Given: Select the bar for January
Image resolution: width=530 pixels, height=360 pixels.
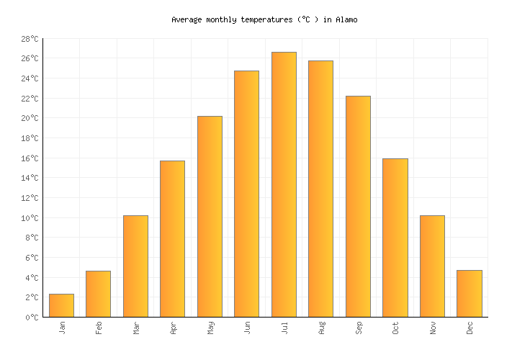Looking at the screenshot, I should click(x=61, y=305).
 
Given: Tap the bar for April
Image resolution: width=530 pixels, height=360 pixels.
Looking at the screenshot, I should click(x=172, y=238).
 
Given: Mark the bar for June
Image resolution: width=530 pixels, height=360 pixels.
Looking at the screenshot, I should click(x=246, y=194).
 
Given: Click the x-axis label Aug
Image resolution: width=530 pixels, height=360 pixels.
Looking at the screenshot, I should click(x=321, y=328).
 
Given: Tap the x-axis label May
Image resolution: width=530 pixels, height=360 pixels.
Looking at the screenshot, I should click(x=210, y=328).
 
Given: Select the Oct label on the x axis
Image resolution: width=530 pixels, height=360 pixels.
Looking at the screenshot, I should click(x=395, y=328).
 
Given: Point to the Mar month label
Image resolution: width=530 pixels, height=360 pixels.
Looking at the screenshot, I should click(x=136, y=328).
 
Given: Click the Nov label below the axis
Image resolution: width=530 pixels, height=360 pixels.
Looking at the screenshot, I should click(x=432, y=328).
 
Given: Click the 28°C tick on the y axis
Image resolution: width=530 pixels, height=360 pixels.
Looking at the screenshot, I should click(x=30, y=39).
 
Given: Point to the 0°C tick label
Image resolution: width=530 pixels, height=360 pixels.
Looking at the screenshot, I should click(x=32, y=318).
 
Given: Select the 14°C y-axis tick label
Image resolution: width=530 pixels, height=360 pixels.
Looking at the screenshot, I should click(x=30, y=179).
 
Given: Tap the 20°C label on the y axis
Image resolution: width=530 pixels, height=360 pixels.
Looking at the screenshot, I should click(x=30, y=119).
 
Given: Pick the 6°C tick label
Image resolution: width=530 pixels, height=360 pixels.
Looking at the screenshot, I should click(x=32, y=258).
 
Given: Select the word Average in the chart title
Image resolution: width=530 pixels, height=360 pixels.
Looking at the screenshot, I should click(x=187, y=20).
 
